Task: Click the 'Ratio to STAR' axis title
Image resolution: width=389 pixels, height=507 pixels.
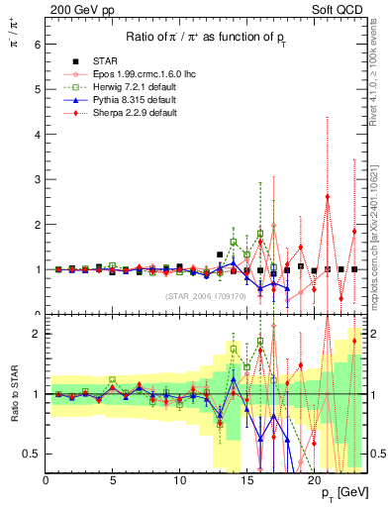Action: point(12,394)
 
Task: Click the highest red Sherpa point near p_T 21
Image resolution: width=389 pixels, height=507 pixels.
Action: point(328,196)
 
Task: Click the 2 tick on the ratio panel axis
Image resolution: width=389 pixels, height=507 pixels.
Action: point(37,334)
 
